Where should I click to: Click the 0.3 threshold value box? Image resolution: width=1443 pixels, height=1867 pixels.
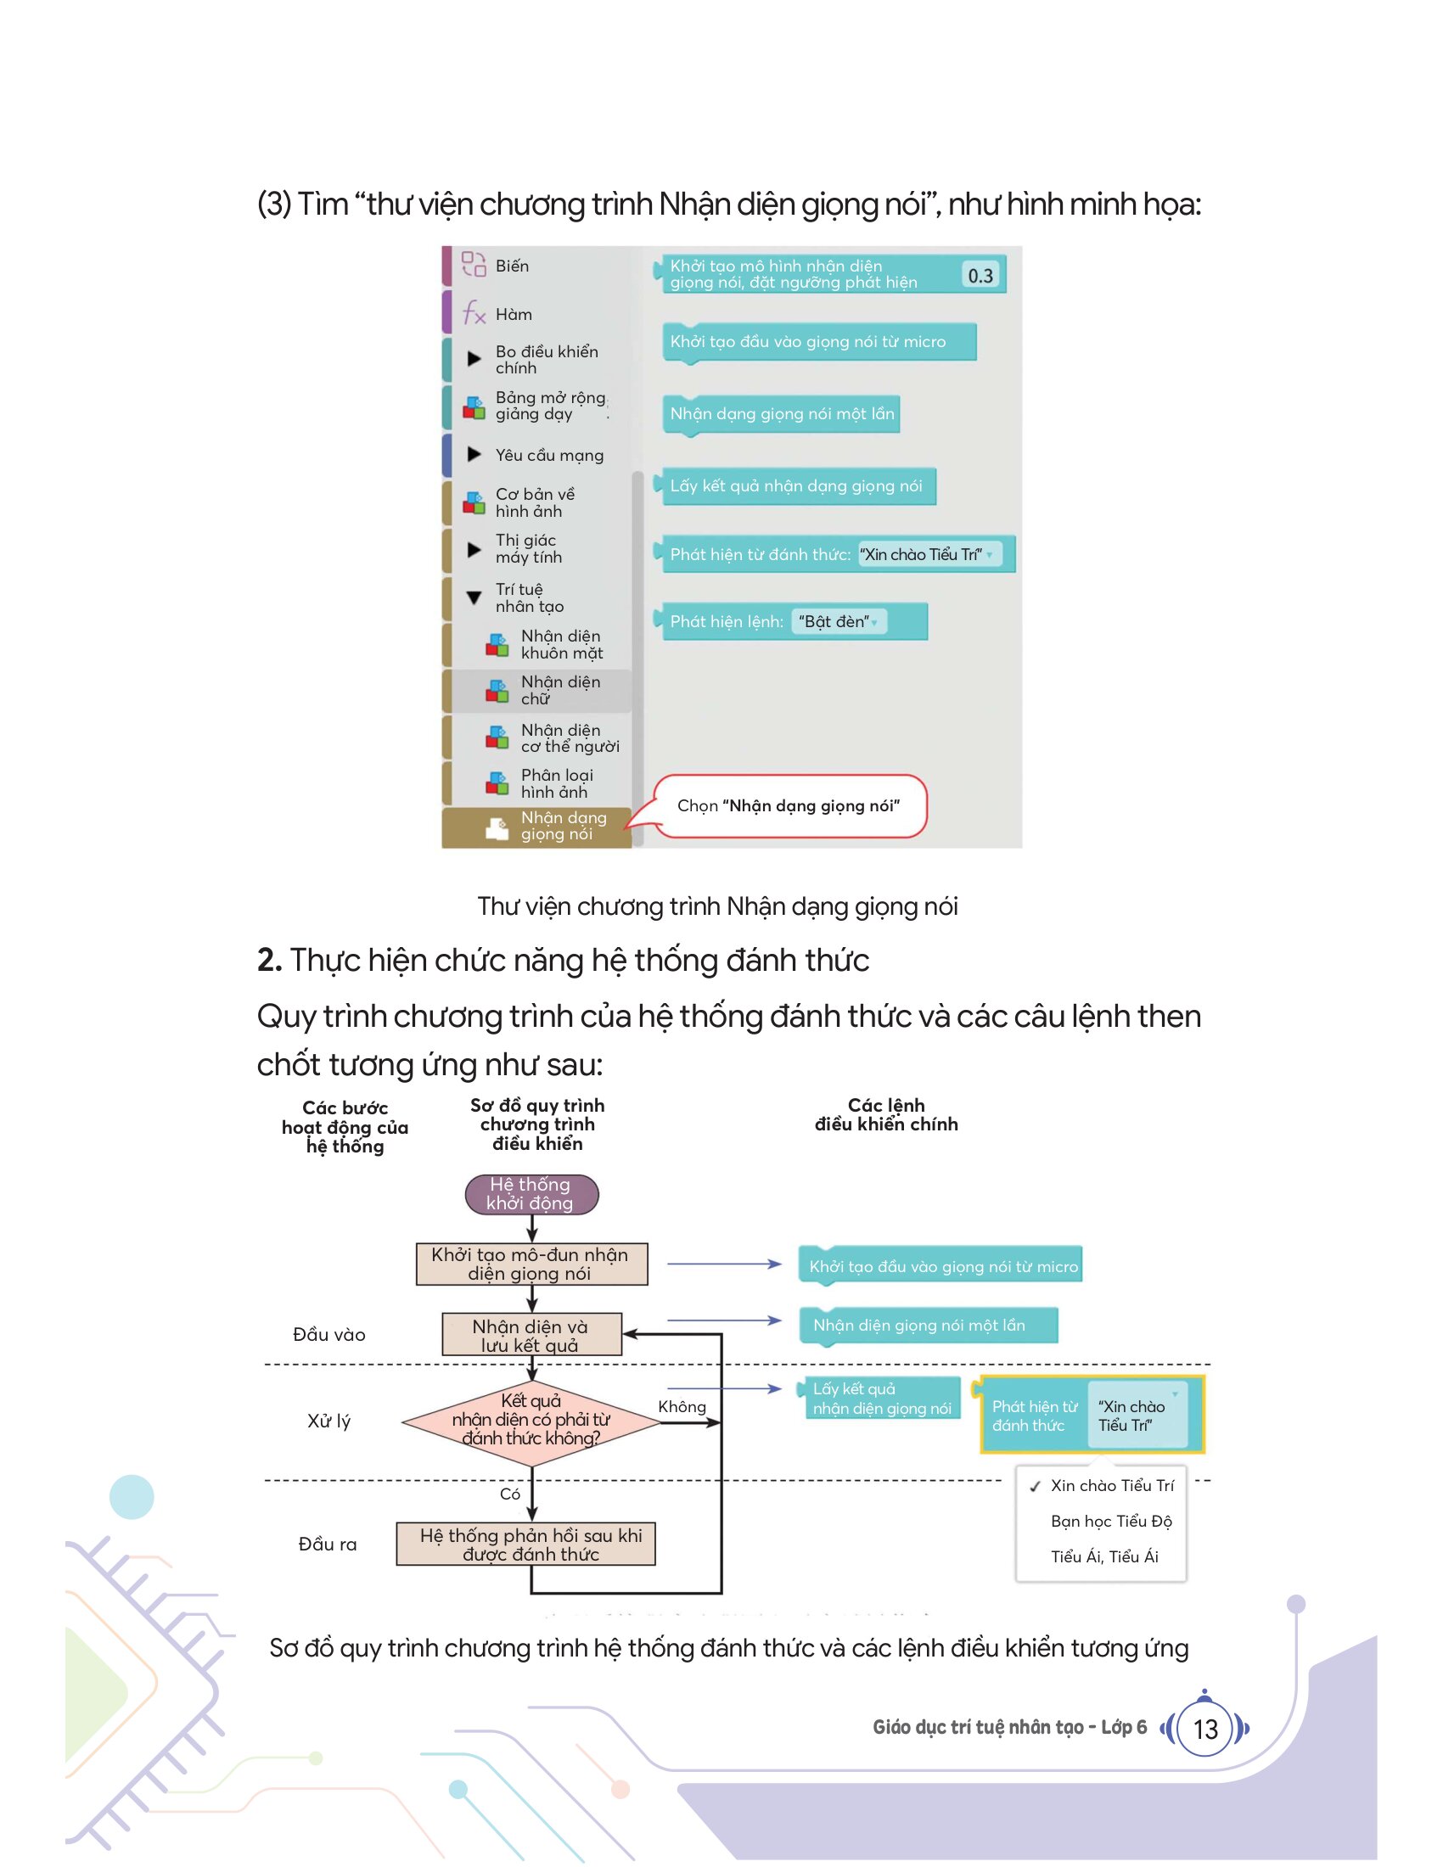pos(980,275)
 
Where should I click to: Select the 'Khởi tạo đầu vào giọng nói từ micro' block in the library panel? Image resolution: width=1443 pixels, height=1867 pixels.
pos(819,342)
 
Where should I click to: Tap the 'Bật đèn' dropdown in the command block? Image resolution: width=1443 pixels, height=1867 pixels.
pos(839,621)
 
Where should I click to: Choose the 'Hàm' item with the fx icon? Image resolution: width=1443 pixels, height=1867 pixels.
pos(497,314)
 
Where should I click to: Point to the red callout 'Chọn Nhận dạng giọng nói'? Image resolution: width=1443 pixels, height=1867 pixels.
pos(789,806)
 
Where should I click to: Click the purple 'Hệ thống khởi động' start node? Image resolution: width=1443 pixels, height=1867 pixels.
pos(531,1194)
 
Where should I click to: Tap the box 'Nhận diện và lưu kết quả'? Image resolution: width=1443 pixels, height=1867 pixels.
pos(531,1334)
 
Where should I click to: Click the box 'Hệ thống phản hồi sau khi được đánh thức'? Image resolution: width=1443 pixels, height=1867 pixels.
pos(525,1544)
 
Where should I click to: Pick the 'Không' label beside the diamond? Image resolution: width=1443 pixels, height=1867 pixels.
pos(682,1406)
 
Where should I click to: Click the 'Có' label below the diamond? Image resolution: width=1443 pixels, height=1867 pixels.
pos(509,1494)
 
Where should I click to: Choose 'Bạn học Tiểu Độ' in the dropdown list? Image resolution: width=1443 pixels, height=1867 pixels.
pos(1110,1521)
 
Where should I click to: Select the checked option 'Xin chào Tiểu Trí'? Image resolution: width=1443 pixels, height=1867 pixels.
pos(1102,1486)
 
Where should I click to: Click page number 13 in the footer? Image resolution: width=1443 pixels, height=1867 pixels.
pos(1204,1729)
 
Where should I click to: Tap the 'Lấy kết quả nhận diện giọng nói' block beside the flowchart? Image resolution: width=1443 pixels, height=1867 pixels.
pos(881,1399)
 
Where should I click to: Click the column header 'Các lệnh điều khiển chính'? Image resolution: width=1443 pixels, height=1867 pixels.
pos(885,1115)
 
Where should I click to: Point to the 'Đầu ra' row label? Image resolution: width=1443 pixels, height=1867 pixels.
pos(328,1544)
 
